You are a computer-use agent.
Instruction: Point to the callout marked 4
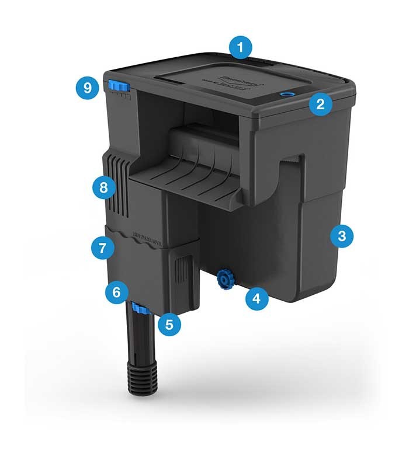[256, 299]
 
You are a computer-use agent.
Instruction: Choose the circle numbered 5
[169, 324]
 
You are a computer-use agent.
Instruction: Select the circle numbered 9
[88, 88]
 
